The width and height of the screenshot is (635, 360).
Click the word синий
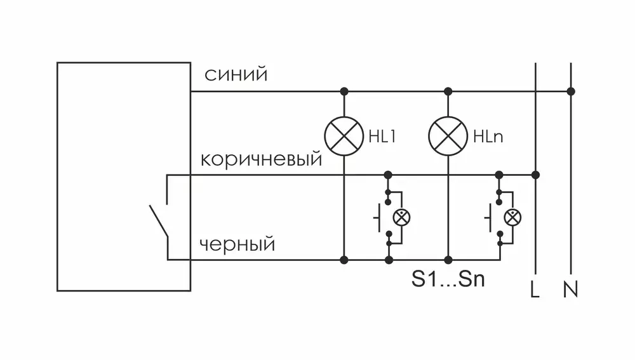[x=236, y=75]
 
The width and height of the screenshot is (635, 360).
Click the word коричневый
[x=261, y=159]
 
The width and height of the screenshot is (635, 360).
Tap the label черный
[x=237, y=244]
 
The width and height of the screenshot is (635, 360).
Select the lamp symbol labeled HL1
[x=344, y=135]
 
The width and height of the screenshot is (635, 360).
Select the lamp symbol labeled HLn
[x=448, y=135]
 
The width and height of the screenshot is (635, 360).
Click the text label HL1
[x=382, y=137]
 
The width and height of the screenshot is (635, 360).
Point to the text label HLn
[x=488, y=137]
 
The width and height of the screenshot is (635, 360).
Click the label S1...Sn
[x=448, y=280]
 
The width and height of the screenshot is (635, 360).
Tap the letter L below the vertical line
[x=535, y=290]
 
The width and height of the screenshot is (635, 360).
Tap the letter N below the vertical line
[x=570, y=290]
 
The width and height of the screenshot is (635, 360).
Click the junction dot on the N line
[x=571, y=91]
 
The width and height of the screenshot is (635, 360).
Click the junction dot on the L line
[x=535, y=175]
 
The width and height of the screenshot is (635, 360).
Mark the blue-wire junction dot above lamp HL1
[x=344, y=91]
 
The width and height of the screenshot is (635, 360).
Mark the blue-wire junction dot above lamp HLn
[x=448, y=91]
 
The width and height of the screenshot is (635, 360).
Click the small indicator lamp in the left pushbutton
[x=401, y=217]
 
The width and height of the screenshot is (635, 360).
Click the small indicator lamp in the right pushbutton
[x=512, y=217]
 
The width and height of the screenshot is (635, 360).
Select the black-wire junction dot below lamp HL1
[x=344, y=260]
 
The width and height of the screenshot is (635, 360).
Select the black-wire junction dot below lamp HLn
[x=448, y=260]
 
